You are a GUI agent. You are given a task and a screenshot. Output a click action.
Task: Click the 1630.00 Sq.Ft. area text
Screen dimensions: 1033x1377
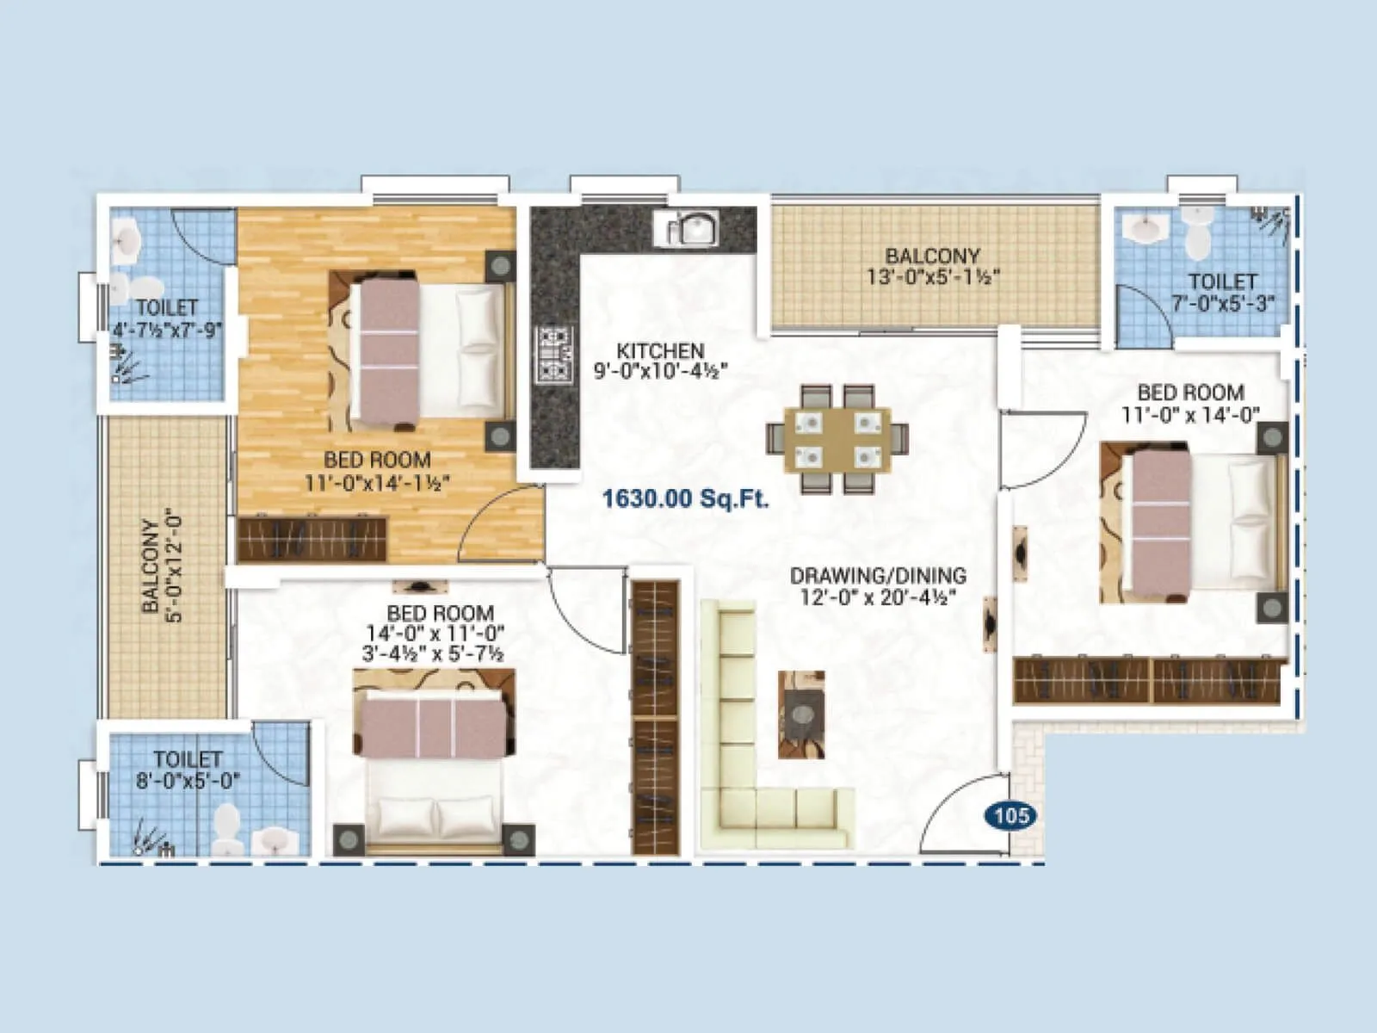pyautogui.click(x=685, y=498)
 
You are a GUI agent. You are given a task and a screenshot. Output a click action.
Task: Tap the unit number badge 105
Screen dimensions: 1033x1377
pyautogui.click(x=1011, y=814)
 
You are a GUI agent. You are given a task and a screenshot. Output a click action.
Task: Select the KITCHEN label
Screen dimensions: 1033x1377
pyautogui.click(x=660, y=351)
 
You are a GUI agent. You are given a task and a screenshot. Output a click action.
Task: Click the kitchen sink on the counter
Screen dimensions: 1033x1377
pyautogui.click(x=687, y=229)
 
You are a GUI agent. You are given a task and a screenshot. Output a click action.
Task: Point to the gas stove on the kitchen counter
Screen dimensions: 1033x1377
pyautogui.click(x=554, y=354)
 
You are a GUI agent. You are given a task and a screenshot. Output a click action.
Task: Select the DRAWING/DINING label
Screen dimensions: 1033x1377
pyautogui.click(x=878, y=575)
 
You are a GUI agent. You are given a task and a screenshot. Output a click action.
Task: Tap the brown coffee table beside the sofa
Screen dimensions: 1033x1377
pyautogui.click(x=801, y=714)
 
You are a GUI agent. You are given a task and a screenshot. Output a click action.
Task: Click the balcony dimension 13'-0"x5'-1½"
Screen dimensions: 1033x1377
pyautogui.click(x=933, y=276)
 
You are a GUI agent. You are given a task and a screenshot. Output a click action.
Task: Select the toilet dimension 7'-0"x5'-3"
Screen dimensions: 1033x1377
pyautogui.click(x=1222, y=303)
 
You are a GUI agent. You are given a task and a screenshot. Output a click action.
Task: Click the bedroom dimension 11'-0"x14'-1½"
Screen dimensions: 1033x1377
pyautogui.click(x=377, y=482)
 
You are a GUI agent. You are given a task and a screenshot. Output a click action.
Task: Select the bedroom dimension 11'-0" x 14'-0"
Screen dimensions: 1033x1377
pyautogui.click(x=1190, y=414)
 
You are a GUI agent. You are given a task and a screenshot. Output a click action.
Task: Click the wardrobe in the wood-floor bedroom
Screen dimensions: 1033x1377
pyautogui.click(x=312, y=539)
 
